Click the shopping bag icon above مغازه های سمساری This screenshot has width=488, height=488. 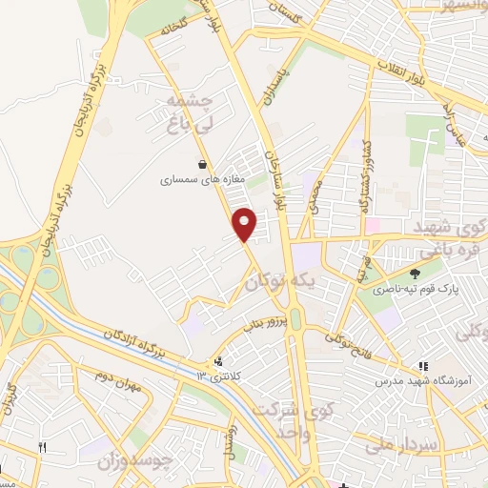coord(201,162)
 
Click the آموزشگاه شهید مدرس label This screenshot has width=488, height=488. coord(423,380)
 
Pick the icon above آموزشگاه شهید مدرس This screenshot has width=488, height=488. coord(423,365)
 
